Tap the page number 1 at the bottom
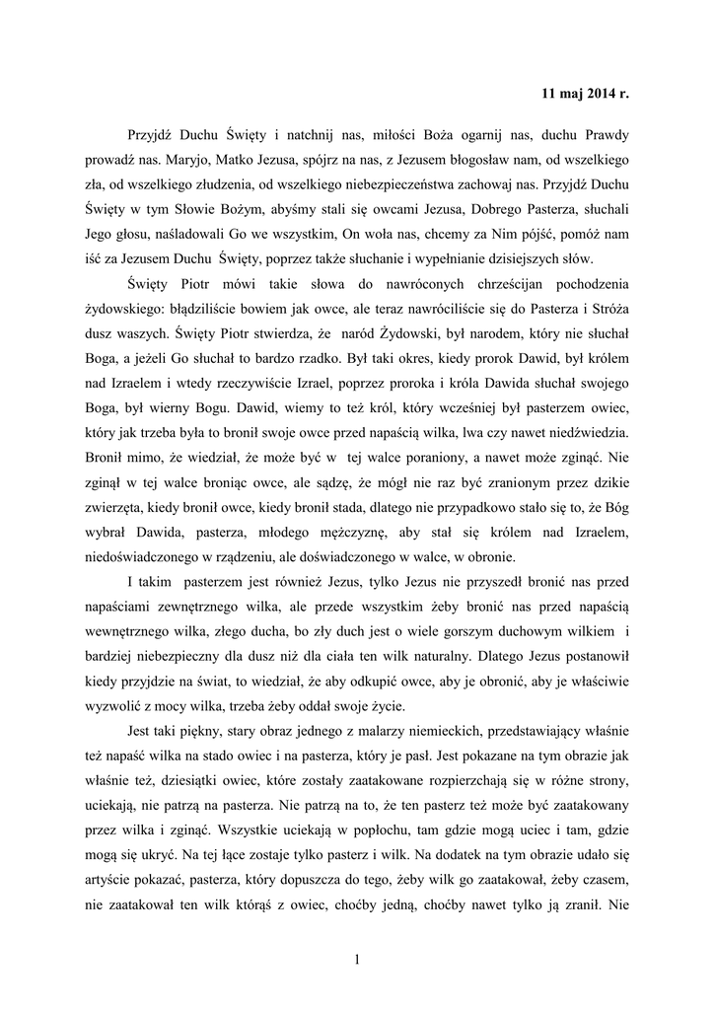[x=357, y=959]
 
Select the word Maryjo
[x=183, y=159]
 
